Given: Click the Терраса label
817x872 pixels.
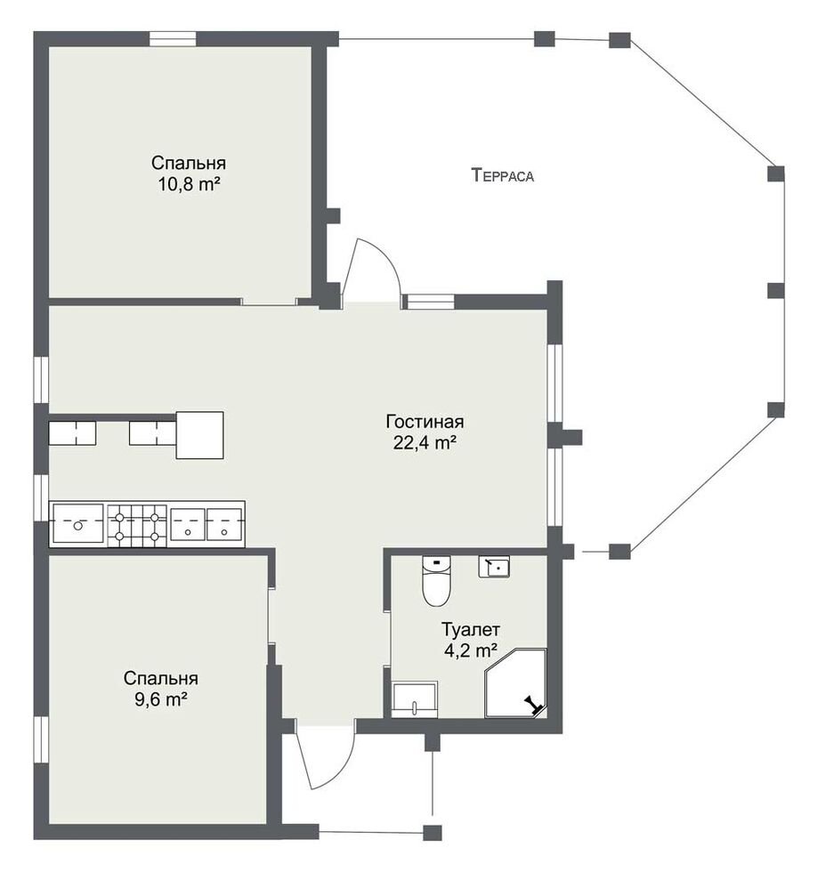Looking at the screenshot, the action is click(x=502, y=175).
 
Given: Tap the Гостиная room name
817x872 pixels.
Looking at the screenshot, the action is click(x=425, y=422).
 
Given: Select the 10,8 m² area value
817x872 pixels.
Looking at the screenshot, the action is click(x=189, y=183).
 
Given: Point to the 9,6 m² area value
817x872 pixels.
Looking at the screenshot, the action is click(x=161, y=699).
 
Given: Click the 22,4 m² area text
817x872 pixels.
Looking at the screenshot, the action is click(x=425, y=443).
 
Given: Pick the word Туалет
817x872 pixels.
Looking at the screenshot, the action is click(x=471, y=630).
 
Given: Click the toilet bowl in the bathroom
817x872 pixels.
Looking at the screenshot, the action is click(x=436, y=580).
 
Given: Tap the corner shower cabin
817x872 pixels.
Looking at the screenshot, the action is click(x=515, y=683).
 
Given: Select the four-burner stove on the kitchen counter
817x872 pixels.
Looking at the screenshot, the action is click(x=137, y=526).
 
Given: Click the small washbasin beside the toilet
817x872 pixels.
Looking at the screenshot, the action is click(x=494, y=567).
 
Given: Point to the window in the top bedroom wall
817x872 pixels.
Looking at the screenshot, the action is click(x=173, y=38).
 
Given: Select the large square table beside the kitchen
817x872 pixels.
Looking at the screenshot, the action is click(x=199, y=435).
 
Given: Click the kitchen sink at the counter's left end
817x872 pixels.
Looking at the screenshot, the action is click(x=77, y=523).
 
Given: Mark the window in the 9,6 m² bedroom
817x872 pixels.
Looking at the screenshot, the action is click(x=41, y=739).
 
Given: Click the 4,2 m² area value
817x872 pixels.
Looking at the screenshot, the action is click(x=471, y=650).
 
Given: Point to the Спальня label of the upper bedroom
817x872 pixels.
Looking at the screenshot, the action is click(x=189, y=163).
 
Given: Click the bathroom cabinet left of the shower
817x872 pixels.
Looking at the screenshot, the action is click(x=415, y=699).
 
